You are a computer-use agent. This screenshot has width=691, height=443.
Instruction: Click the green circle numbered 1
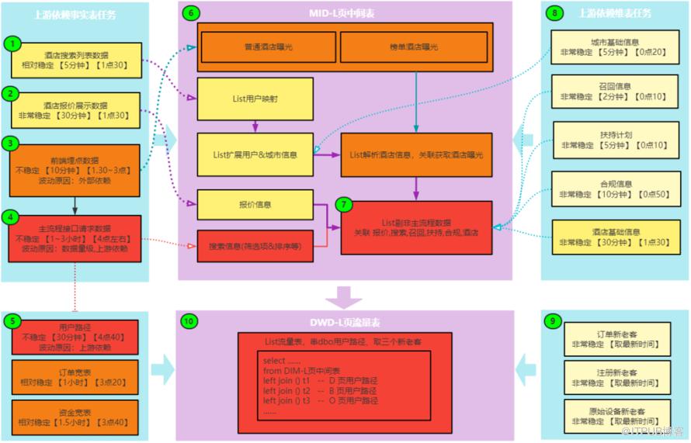point(11,43)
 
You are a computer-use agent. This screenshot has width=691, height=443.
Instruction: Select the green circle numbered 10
point(188,320)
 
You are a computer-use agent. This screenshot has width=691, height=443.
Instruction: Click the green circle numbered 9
point(552,320)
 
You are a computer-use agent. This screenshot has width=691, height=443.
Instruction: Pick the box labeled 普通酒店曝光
point(268,47)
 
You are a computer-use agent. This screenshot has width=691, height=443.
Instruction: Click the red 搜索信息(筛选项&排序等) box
point(255,247)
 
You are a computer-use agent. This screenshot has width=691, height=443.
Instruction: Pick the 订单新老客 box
point(605,339)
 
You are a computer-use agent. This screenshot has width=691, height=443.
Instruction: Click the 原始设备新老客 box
point(605,414)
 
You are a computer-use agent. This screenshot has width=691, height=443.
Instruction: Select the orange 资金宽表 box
point(75,417)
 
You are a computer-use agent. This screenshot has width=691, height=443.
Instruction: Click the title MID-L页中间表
point(345,12)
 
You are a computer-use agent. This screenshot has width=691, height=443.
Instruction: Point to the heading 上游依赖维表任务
point(614,13)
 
